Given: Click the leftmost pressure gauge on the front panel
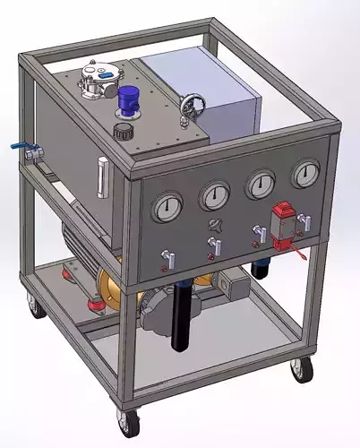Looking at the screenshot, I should [x=167, y=208].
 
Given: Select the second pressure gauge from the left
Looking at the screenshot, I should [x=214, y=195].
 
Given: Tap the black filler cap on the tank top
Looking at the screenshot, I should [x=120, y=131].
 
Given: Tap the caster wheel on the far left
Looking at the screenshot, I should [x=35, y=310].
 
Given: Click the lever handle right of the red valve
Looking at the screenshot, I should [x=304, y=221].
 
